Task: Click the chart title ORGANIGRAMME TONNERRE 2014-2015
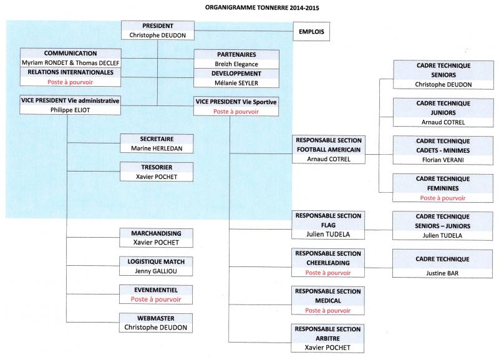262,7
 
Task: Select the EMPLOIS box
311,32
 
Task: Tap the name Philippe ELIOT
70,110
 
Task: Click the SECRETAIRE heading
157,139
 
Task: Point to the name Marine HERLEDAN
157,148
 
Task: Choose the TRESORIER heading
157,167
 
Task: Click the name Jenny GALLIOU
156,271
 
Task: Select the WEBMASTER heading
156,318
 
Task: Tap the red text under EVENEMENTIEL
156,299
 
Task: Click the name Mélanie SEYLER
236,83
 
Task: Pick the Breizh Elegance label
236,64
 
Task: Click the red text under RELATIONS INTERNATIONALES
70,82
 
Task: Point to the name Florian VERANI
443,160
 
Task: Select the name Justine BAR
442,273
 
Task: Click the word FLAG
328,225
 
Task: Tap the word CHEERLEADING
328,263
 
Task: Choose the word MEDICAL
328,301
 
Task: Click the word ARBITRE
328,339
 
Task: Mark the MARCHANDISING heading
157,233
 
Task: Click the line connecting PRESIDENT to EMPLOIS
244,31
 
